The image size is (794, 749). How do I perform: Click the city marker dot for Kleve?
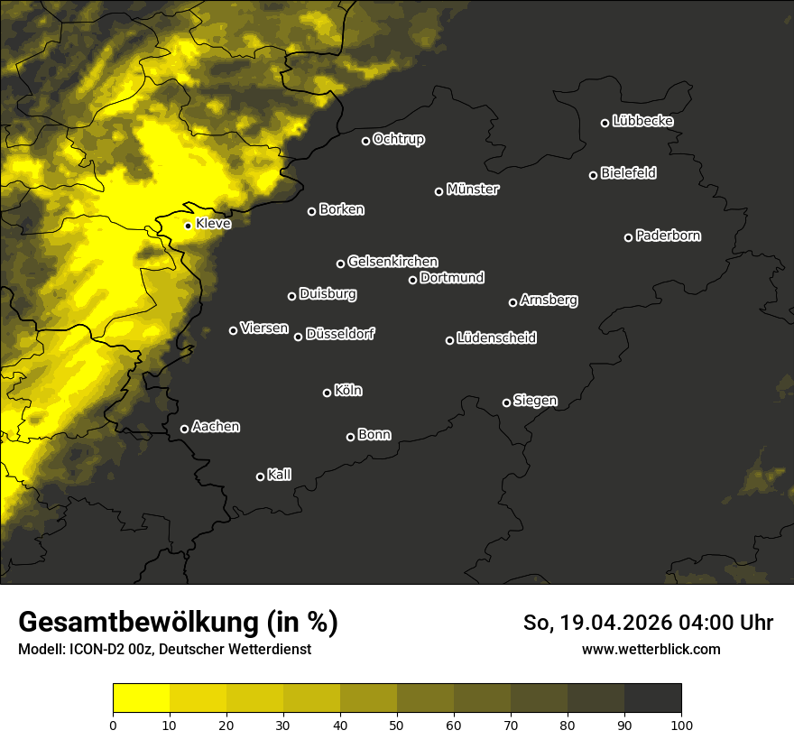189,226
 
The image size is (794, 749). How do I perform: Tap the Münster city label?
473,190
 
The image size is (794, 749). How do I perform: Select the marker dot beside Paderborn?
629,237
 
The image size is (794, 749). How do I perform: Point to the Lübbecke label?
642,121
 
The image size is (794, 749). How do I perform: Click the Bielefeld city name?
628,173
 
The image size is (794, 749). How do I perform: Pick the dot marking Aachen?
185,429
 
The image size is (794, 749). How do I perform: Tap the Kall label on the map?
280,475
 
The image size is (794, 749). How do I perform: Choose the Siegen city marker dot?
506,402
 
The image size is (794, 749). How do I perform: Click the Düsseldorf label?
340,334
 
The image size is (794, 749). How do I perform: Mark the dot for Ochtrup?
366,141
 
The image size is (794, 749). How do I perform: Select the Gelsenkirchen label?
392,262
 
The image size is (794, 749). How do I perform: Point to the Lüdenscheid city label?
496,338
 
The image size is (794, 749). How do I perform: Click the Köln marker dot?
328,393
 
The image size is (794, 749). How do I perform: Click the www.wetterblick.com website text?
651,649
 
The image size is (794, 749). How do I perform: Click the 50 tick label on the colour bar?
397,725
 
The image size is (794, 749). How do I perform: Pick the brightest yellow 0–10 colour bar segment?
141,698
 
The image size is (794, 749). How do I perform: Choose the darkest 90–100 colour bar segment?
652,698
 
